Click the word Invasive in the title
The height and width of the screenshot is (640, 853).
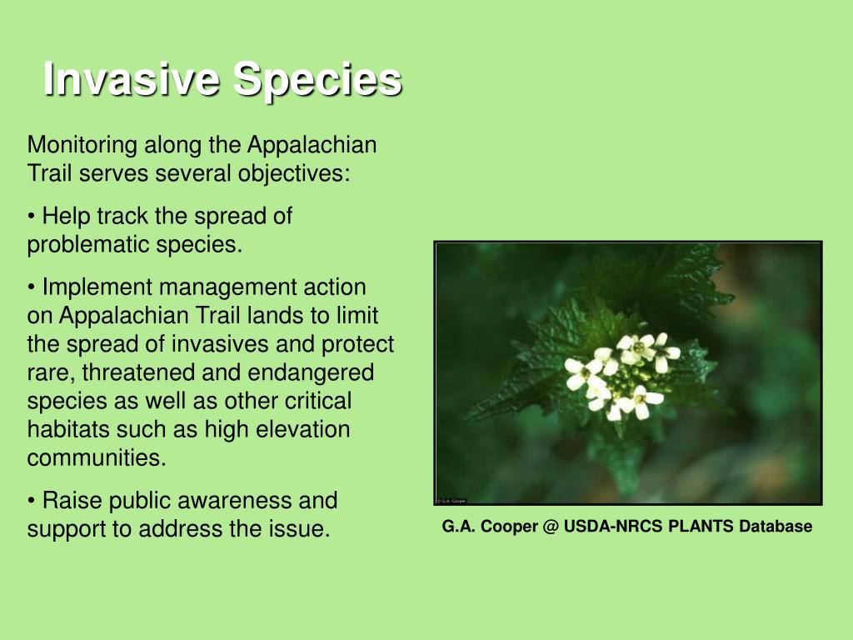[x=132, y=78]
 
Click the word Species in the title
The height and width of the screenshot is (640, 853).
[x=317, y=79]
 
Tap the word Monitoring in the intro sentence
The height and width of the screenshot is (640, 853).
[x=82, y=145]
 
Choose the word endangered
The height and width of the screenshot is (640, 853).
[x=311, y=372]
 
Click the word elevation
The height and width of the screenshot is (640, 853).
[x=302, y=429]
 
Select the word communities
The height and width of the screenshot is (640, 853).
[x=97, y=457]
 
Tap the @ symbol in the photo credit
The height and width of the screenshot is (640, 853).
[x=551, y=527]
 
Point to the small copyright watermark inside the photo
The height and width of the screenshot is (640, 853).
[x=451, y=501]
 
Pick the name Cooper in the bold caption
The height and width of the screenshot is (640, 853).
[x=509, y=527]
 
